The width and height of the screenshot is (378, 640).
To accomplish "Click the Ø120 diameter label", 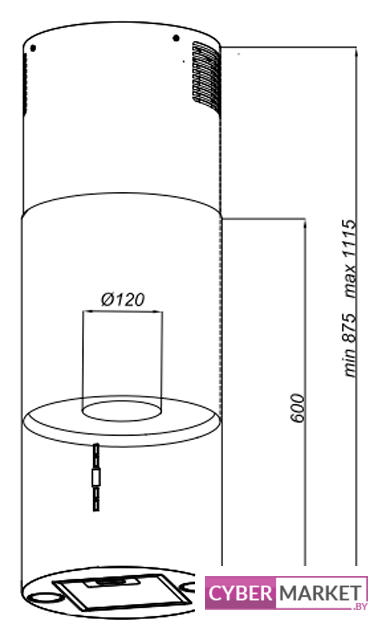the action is point(122,300).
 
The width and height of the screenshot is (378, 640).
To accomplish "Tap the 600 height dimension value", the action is point(298,408).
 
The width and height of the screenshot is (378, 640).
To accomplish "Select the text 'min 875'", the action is point(350,345).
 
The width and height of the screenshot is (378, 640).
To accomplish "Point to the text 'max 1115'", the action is point(350,258).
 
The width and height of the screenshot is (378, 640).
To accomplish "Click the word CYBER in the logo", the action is point(240,593).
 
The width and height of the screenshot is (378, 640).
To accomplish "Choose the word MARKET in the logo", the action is point(320,593).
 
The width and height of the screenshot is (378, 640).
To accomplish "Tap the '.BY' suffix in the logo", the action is point(360,607).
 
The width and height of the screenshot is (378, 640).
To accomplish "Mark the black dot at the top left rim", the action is point(33,48).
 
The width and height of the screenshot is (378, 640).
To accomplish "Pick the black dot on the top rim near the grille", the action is point(176,38).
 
